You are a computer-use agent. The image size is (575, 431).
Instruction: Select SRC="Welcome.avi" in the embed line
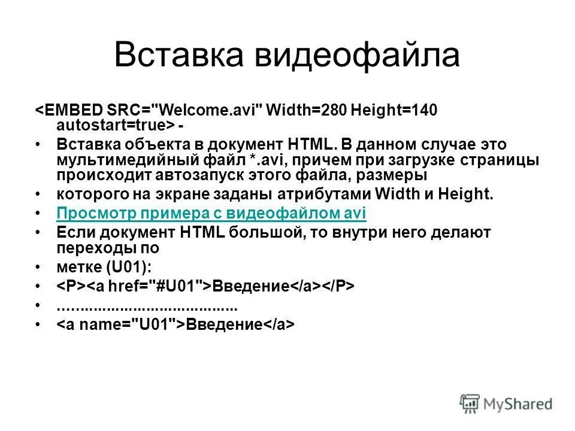tap(184, 110)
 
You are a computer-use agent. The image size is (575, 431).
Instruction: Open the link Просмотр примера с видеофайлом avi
tap(211, 214)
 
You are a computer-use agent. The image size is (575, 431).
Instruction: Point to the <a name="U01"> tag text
tap(120, 324)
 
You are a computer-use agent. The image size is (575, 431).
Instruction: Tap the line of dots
tap(147, 306)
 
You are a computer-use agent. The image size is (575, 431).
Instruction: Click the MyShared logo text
tap(519, 404)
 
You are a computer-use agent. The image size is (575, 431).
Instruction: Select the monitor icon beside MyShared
tap(470, 403)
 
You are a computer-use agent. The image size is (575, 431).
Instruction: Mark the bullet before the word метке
tap(39, 266)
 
